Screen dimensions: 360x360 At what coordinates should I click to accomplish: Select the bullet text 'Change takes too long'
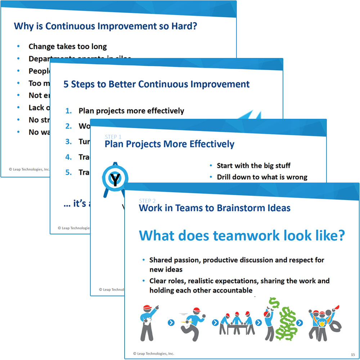pyautogui.click(x=68, y=46)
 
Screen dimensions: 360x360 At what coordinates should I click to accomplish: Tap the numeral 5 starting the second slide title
pyautogui.click(x=66, y=84)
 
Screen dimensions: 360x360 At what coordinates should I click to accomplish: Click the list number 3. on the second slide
pyautogui.click(x=69, y=141)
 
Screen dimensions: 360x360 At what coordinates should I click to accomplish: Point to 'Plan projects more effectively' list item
pyautogui.click(x=131, y=111)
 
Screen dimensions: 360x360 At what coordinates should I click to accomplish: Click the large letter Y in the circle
pyautogui.click(x=114, y=180)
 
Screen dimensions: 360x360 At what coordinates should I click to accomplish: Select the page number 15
pyautogui.click(x=352, y=355)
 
